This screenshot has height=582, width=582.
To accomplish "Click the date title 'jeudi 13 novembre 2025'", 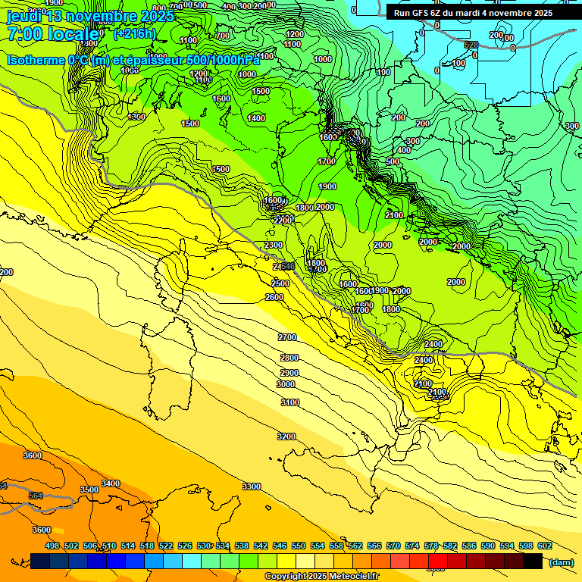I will click(x=90, y=16).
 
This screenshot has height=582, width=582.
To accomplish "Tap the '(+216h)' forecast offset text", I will click(x=134, y=34).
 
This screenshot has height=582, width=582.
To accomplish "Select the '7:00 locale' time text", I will click(x=52, y=34).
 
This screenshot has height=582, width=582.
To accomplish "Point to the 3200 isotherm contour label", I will click(x=286, y=436).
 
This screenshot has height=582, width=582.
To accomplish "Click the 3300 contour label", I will click(x=252, y=487).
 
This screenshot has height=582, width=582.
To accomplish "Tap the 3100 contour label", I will click(x=290, y=403).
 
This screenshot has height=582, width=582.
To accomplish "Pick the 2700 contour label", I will click(x=288, y=337).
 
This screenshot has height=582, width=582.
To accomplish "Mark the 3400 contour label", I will click(x=111, y=483).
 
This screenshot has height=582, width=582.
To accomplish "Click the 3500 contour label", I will click(x=89, y=490).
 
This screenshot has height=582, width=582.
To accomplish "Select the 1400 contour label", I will click(x=256, y=118).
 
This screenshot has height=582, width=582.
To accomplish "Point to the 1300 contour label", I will click(x=136, y=117).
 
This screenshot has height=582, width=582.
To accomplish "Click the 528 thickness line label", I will click(x=471, y=45).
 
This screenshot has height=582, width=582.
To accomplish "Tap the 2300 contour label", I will click(x=274, y=245).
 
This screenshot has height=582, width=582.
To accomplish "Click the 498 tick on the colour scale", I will click(x=52, y=546).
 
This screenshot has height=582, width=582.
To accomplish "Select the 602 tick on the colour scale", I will click(x=544, y=546).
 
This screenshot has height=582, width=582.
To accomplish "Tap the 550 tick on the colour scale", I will click(x=299, y=546).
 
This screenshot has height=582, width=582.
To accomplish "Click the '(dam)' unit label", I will click(x=561, y=562).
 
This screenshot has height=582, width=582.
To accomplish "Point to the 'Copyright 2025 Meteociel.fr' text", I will click(x=321, y=576).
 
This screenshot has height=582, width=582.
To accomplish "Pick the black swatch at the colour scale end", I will click(x=533, y=561).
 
